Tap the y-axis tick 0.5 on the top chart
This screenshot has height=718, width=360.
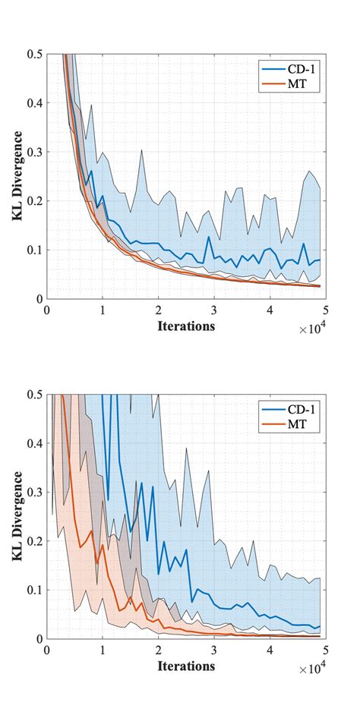tap(33, 54)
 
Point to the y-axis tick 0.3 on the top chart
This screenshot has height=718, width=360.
tap(33, 152)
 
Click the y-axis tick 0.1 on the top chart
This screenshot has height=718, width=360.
tap(33, 250)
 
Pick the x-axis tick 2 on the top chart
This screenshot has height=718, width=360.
tap(159, 310)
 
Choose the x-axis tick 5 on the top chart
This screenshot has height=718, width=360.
tap(326, 310)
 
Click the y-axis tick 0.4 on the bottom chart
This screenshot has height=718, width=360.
tap(33, 442)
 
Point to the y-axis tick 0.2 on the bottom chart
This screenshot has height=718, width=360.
tap(33, 540)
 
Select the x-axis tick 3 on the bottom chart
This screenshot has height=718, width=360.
tap(214, 650)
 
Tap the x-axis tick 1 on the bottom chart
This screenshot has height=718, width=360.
tap(103, 650)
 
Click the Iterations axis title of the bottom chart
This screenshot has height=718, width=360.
tap(186, 665)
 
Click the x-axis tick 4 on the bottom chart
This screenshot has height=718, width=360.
tap(270, 650)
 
